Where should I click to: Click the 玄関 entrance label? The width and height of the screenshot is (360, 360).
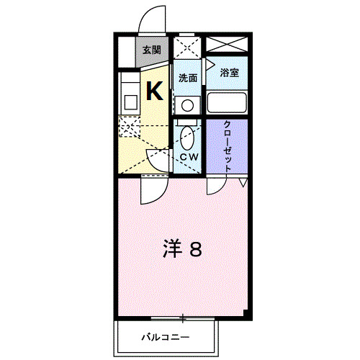coord(151,50)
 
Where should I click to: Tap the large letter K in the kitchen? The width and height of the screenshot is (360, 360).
coord(155,91)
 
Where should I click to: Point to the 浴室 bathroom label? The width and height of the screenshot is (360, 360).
coord(229,73)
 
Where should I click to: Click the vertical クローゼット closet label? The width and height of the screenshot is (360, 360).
coord(228,144)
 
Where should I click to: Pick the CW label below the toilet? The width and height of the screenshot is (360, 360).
coord(189,156)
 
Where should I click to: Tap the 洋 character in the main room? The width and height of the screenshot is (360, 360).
coord(171,249)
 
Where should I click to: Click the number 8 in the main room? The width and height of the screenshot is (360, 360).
coord(195,249)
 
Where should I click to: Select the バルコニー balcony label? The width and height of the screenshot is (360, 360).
coord(165,336)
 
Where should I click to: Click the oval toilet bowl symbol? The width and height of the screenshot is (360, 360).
coord(188,135)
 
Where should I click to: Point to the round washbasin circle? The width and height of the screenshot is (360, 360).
coord(188,105)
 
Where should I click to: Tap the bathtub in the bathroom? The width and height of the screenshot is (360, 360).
coord(227,102)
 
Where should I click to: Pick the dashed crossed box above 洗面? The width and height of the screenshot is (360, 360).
coord(188,49)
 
